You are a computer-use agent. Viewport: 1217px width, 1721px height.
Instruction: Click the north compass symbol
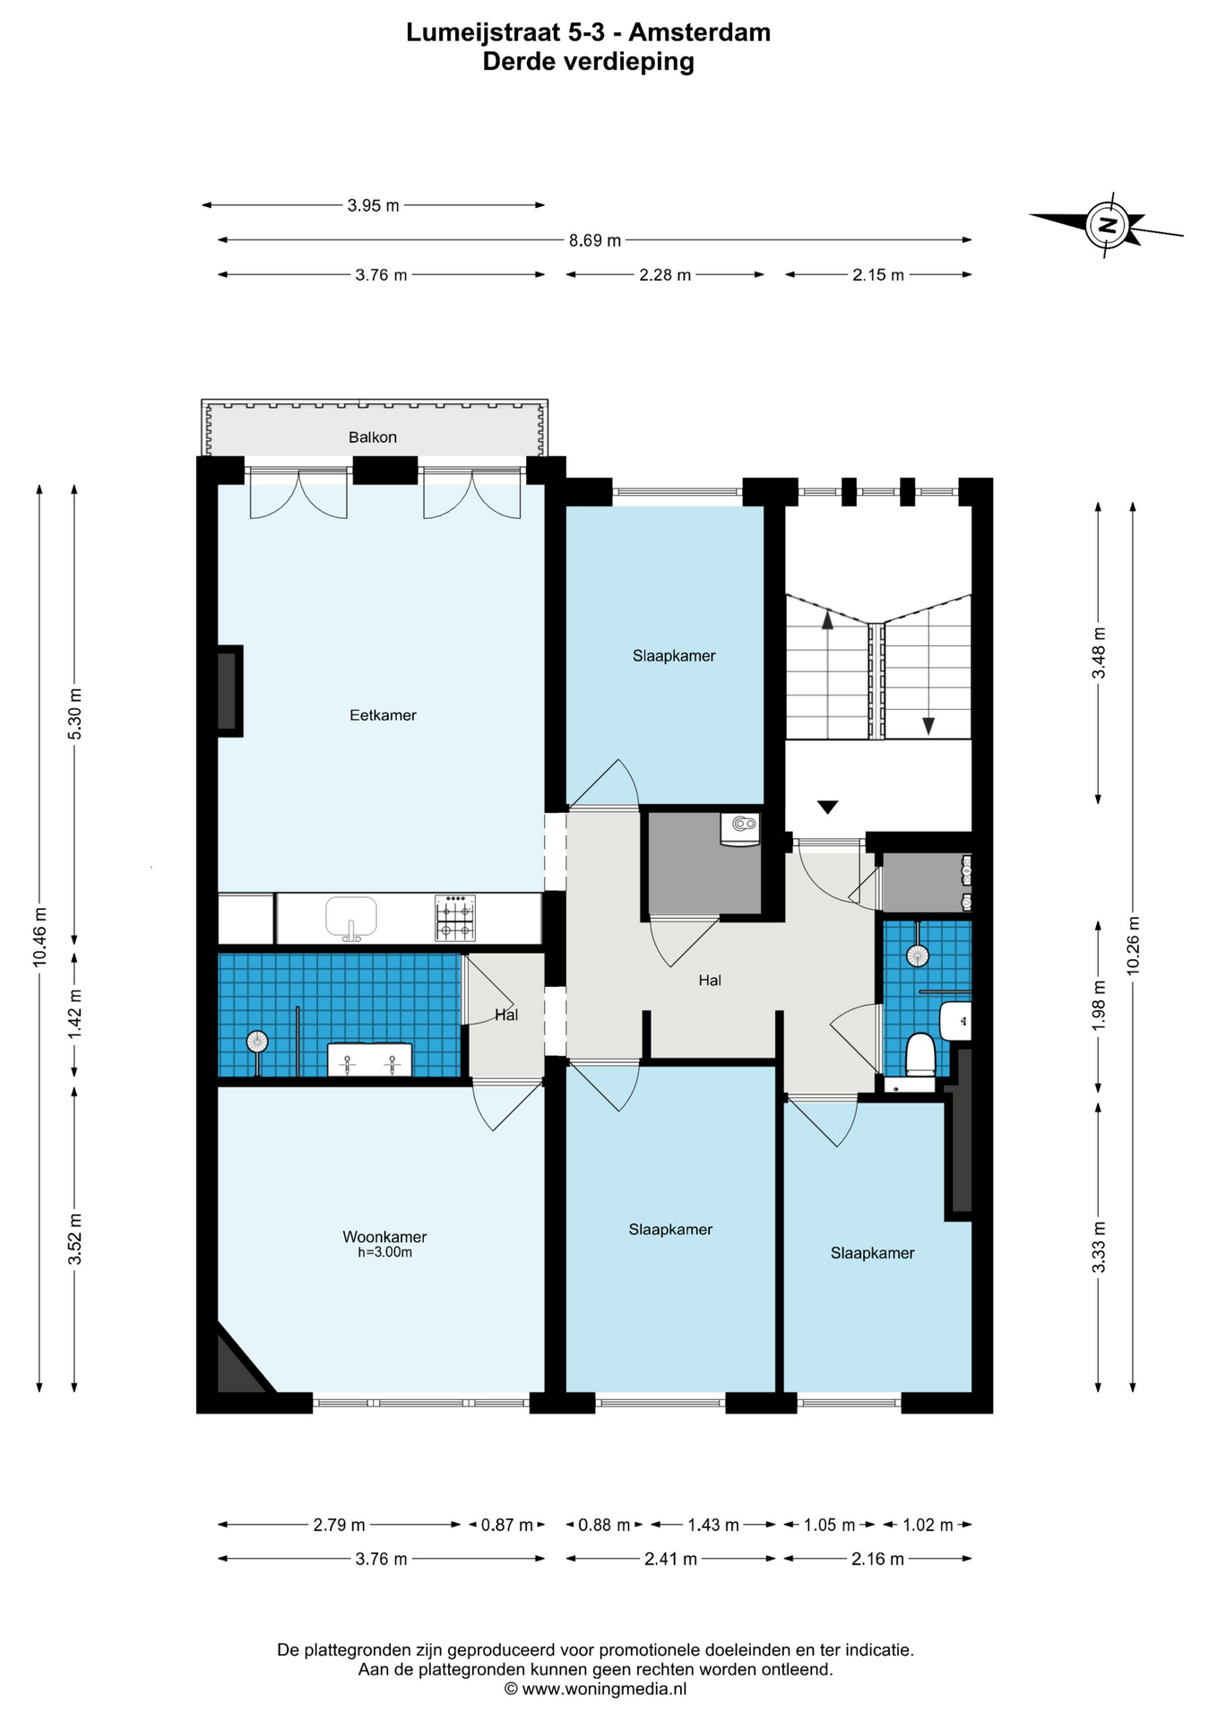(1108, 225)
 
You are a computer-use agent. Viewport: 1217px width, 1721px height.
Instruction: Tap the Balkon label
(373, 437)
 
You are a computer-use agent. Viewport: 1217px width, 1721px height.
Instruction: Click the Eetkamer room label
(383, 715)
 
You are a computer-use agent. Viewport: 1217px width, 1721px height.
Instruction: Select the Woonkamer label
(384, 1237)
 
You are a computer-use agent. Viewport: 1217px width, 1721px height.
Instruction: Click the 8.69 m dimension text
(595, 240)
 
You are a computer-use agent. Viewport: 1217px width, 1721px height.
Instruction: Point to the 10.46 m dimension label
(39, 938)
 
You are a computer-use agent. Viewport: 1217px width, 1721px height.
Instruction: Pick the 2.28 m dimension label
(665, 275)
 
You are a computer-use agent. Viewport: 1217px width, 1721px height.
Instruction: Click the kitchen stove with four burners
(454, 918)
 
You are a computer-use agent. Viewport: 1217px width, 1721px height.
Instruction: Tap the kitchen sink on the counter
(351, 918)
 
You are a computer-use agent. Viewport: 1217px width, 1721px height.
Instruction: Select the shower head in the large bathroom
(257, 1042)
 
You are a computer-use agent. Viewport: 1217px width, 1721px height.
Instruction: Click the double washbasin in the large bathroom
(369, 1059)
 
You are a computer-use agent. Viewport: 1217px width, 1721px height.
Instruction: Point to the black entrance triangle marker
(827, 807)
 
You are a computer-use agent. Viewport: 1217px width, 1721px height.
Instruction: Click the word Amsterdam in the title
(699, 32)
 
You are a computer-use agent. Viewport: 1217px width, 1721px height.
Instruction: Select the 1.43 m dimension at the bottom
(713, 1525)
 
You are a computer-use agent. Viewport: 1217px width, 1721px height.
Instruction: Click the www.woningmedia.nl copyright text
(596, 1689)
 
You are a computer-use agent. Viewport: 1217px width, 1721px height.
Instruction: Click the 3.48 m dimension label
(1099, 653)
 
